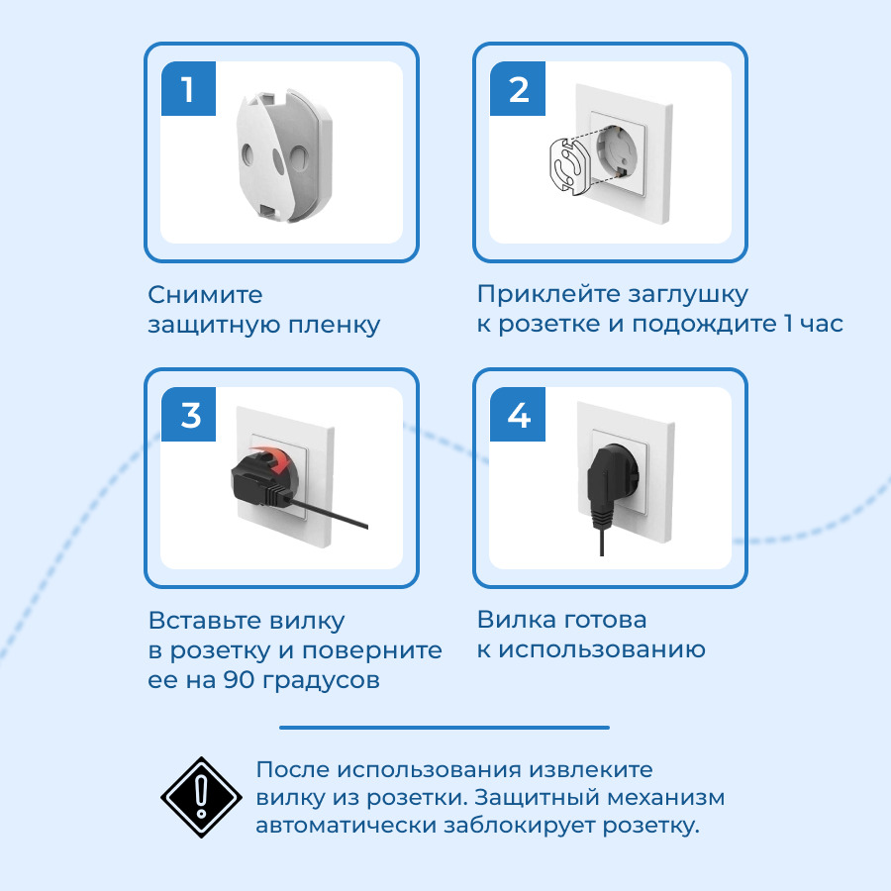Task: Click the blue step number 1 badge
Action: pos(189,89)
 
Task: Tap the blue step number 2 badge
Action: pos(518,89)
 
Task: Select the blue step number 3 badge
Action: pos(189,414)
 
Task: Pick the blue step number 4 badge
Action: pos(518,414)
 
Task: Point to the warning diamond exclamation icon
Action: pos(201,797)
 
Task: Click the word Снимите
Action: pos(205,295)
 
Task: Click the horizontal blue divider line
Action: pos(445,728)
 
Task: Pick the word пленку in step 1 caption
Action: pos(335,326)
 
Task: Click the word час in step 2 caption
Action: pos(822,324)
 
